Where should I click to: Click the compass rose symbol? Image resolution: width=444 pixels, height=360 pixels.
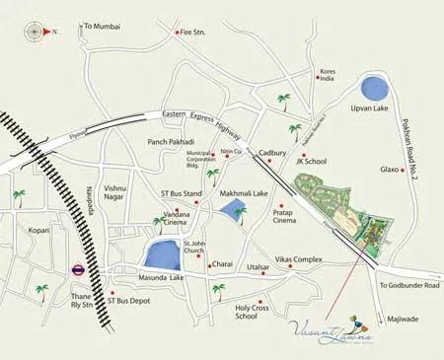(35, 31)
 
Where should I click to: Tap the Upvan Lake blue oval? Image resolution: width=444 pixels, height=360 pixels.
(374, 87)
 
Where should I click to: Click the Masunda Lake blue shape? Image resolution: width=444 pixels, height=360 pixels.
(164, 254)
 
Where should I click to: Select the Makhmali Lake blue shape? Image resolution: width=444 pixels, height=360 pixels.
(234, 209)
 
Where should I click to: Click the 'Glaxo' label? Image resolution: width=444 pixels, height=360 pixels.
(390, 169)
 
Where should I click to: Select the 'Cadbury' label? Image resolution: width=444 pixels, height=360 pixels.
(272, 154)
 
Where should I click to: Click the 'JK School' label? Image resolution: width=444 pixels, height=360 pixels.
(311, 161)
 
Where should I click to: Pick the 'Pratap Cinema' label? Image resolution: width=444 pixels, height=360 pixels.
(284, 216)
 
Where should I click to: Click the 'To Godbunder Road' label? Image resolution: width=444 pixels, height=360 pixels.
(408, 285)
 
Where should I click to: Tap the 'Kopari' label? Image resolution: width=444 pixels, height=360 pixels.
(38, 230)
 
